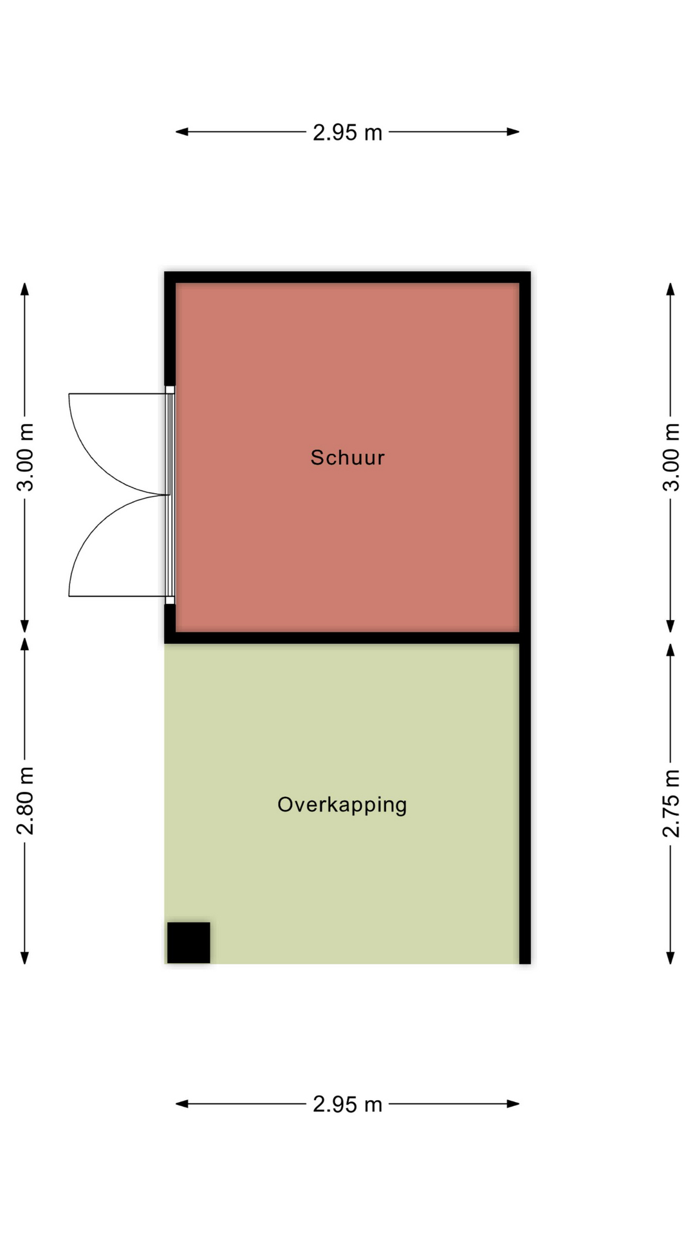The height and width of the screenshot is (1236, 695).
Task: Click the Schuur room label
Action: pyautogui.click(x=347, y=458)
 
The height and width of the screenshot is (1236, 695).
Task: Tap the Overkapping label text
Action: pyautogui.click(x=342, y=805)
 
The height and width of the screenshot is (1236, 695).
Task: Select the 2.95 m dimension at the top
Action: pyautogui.click(x=347, y=133)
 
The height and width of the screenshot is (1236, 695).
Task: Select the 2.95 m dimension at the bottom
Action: pyautogui.click(x=347, y=1105)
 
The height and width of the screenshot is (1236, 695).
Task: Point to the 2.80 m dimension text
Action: pyautogui.click(x=25, y=801)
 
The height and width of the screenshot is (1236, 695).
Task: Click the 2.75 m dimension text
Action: pyautogui.click(x=671, y=803)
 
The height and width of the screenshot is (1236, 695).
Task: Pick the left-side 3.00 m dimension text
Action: pyautogui.click(x=25, y=457)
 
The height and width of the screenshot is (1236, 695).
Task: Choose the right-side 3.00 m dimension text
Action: pyautogui.click(x=671, y=457)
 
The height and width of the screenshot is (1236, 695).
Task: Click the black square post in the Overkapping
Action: pyautogui.click(x=189, y=942)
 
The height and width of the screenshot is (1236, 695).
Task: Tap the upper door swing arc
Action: pyautogui.click(x=98, y=465)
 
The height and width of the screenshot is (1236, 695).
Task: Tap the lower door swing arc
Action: pyautogui.click(x=98, y=525)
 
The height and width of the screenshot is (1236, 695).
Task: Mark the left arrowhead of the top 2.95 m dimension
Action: pyautogui.click(x=182, y=132)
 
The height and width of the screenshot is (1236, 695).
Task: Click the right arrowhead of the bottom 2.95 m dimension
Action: pyautogui.click(x=513, y=1104)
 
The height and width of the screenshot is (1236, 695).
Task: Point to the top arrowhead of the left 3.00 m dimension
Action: pyautogui.click(x=25, y=289)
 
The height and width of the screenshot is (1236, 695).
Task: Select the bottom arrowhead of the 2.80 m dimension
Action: pyautogui.click(x=25, y=957)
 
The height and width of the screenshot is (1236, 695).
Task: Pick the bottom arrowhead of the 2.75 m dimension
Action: pyautogui.click(x=671, y=957)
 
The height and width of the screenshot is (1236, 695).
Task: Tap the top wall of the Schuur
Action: pyautogui.click(x=347, y=277)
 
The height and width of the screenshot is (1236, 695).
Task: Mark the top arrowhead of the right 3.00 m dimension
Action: pyautogui.click(x=671, y=289)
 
